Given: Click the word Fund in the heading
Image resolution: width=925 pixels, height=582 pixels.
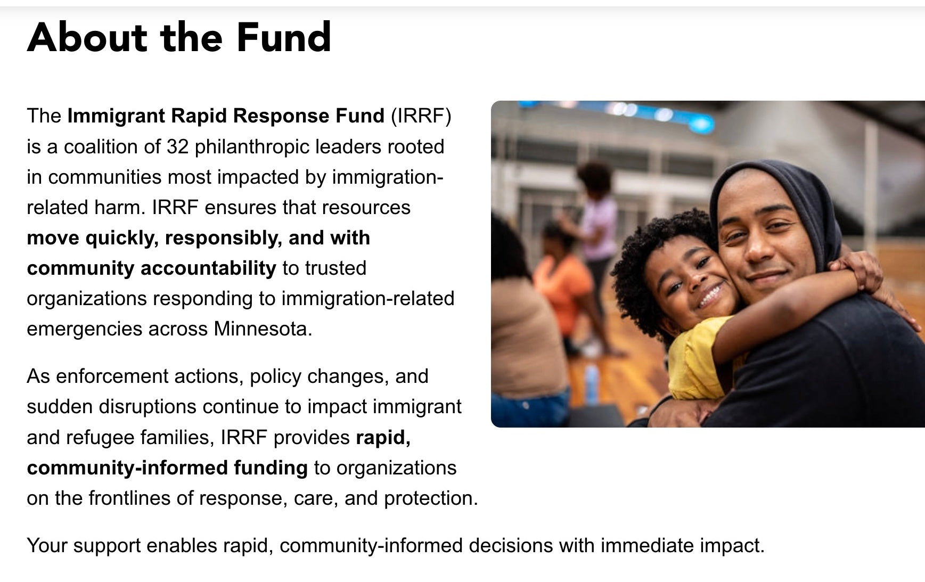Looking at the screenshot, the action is [284, 37].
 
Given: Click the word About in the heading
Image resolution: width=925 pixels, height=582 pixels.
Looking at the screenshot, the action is [87, 37].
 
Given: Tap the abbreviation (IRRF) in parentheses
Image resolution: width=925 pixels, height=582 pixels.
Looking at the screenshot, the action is [421, 116].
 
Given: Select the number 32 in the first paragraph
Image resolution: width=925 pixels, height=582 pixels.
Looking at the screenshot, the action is [177, 146].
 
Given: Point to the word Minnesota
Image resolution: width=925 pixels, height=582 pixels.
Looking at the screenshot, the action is [263, 329].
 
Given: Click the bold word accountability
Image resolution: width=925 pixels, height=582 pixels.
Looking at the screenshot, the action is [208, 268].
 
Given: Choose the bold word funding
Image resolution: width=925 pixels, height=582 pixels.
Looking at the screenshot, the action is [271, 468].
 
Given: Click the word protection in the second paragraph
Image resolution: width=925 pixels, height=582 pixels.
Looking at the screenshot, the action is [431, 498].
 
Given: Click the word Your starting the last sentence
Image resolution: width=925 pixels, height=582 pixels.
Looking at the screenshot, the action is [47, 546].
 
